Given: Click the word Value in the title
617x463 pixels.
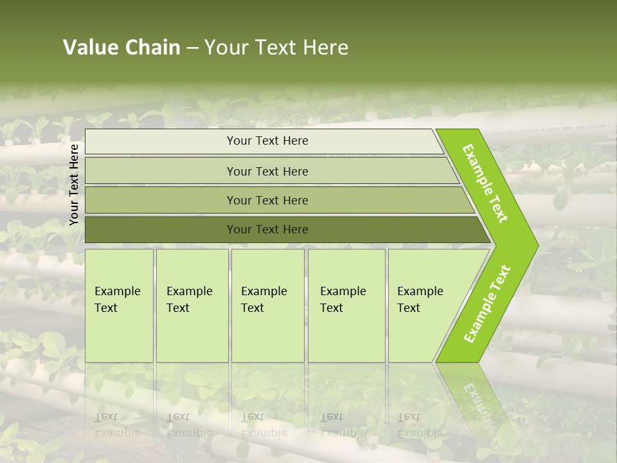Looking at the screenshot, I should (x=89, y=48).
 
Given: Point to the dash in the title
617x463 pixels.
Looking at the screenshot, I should (x=192, y=48).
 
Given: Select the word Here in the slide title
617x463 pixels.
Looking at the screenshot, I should (x=325, y=48).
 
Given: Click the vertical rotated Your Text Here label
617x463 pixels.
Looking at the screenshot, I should (x=74, y=185).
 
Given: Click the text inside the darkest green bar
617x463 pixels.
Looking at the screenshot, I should (x=267, y=230).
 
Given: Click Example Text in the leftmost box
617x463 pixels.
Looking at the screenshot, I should (x=117, y=300).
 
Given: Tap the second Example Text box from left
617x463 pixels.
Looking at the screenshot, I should (x=189, y=300).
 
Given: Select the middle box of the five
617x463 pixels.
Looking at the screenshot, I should (x=264, y=300).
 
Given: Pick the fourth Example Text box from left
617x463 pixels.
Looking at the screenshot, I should (x=343, y=300).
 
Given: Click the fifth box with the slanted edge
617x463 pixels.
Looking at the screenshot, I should (x=420, y=300).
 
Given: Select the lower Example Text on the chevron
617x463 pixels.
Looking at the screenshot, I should (x=487, y=304).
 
